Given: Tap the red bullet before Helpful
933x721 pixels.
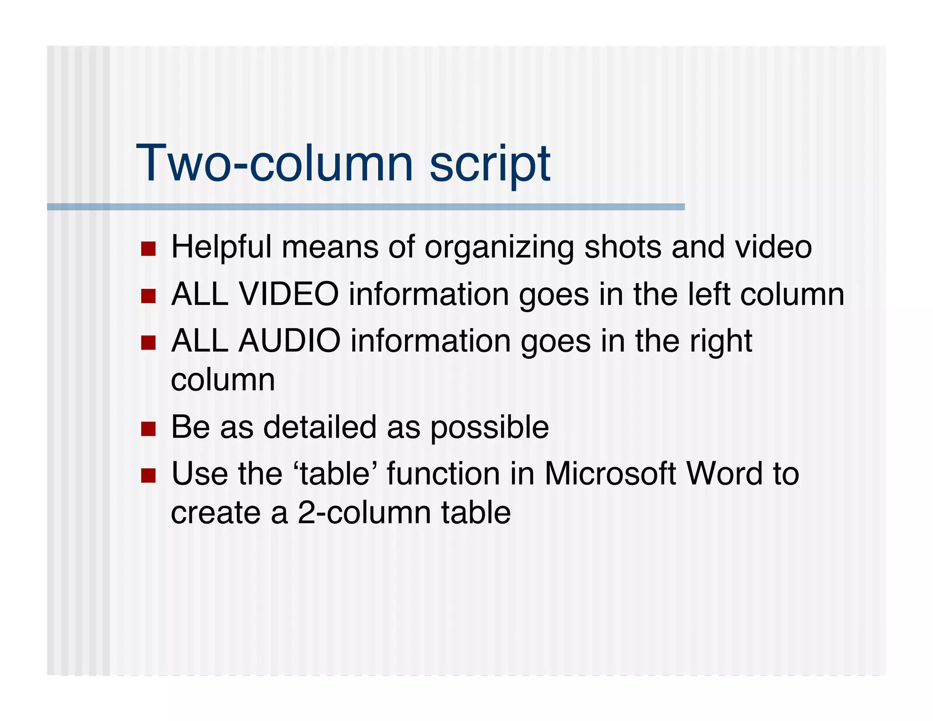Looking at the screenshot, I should pyautogui.click(x=149, y=249).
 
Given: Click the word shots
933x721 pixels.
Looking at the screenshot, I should pyautogui.click(x=622, y=247).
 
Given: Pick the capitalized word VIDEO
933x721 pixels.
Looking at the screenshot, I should pyautogui.click(x=289, y=294).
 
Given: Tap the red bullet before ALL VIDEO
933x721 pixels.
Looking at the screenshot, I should pyautogui.click(x=149, y=296).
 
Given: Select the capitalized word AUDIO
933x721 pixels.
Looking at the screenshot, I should pyautogui.click(x=290, y=341).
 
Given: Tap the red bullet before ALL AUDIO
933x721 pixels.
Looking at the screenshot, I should pyautogui.click(x=149, y=343).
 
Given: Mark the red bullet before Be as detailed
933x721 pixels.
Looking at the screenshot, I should pyautogui.click(x=149, y=429).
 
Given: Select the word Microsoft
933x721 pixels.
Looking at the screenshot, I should pyautogui.click(x=610, y=474).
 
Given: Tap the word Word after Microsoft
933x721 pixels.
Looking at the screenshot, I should pyautogui.click(x=724, y=474).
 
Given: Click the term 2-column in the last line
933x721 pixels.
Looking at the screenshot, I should pyautogui.click(x=364, y=513).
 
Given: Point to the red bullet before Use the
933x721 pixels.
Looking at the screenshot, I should pyautogui.click(x=149, y=475).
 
